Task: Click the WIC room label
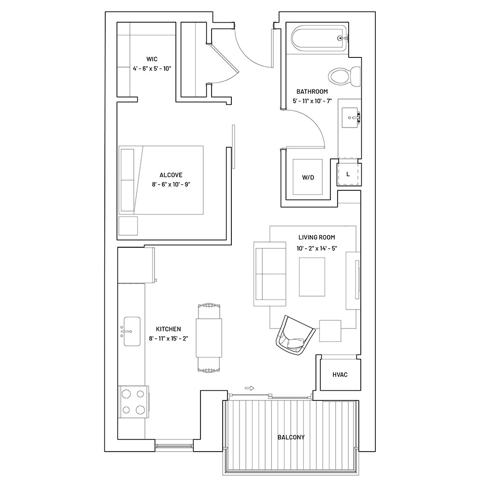coord(152,59)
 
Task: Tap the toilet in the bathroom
coord(344,76)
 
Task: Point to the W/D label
coord(308,177)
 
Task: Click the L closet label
coord(348,174)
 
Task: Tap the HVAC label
coord(340,375)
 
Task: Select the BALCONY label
coord(291,437)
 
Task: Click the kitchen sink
coord(132,331)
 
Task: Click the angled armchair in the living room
coord(295,336)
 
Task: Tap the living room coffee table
coord(312,277)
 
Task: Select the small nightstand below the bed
coord(128,226)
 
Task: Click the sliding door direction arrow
coord(250,388)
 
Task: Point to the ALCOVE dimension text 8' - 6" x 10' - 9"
coord(171,185)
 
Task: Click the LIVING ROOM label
coord(317,238)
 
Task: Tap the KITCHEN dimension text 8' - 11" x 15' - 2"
coord(169,339)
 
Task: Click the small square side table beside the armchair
coord(330,331)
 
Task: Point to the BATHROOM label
coord(312,91)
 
